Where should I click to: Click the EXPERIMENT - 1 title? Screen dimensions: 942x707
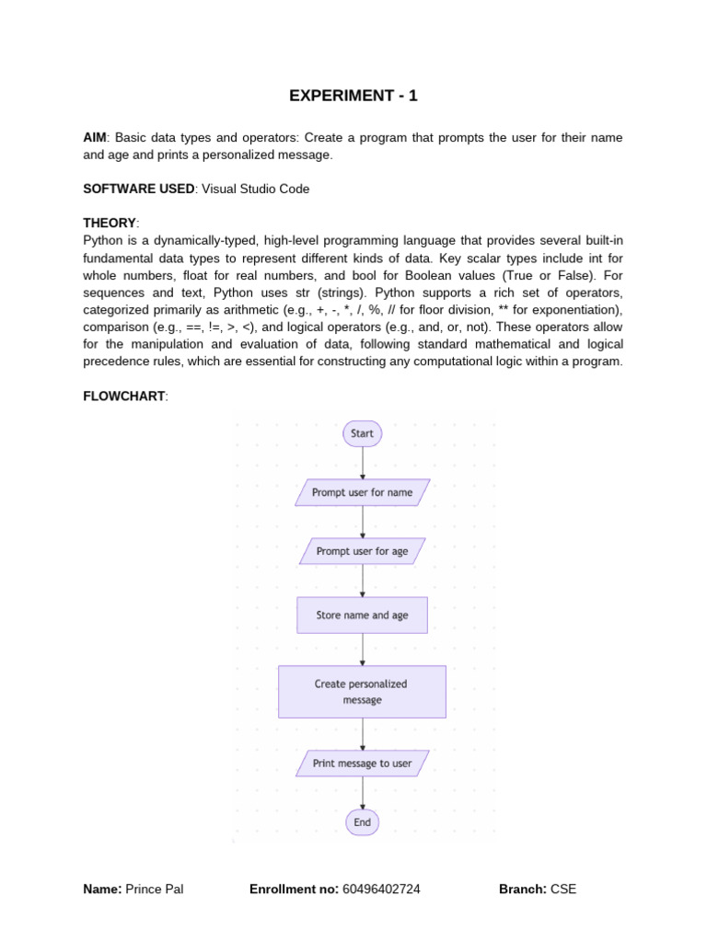353,96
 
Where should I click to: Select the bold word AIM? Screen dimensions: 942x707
95,138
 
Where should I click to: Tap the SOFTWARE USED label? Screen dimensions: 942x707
138,189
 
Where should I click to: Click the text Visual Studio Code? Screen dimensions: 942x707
256,189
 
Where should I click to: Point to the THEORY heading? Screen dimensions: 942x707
110,223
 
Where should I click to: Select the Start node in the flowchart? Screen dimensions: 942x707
362,433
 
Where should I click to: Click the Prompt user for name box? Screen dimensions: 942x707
362,492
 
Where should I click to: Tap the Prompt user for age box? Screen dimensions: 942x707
362,551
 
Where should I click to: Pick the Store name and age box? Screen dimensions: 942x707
362,615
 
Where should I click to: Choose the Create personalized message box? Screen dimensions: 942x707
362,692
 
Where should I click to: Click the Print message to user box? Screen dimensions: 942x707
362,764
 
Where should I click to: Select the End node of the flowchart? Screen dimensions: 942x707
362,822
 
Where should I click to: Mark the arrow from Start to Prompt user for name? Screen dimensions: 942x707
363,463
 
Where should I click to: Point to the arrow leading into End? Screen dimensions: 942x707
363,793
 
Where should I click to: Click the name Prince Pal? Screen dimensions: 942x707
154,890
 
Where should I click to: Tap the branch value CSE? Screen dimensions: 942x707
563,890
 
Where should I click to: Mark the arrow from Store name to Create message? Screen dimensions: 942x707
363,649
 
